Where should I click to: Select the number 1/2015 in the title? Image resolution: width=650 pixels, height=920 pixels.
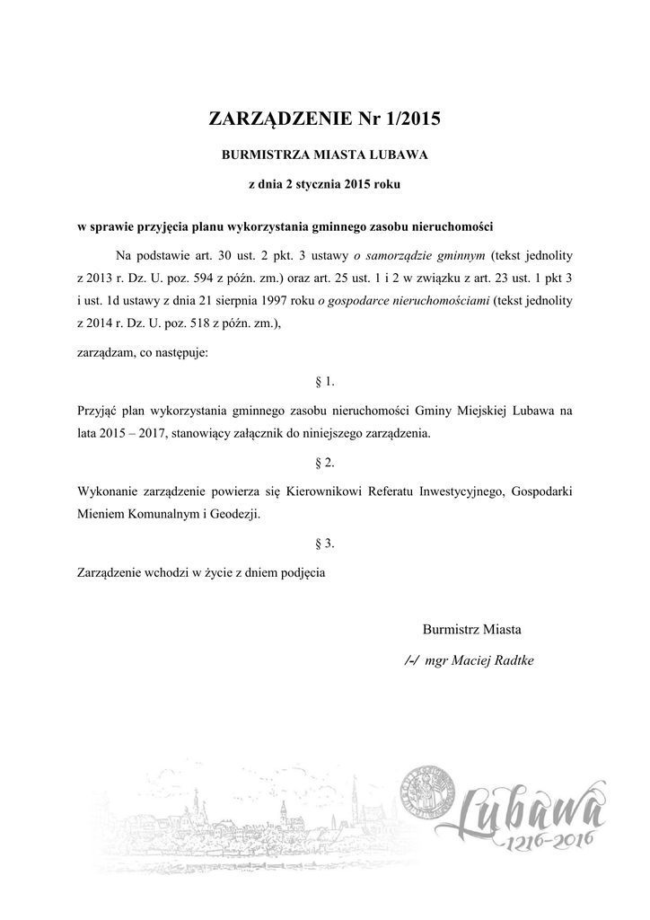click(x=408, y=118)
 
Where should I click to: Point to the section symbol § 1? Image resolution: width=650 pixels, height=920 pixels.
click(x=325, y=381)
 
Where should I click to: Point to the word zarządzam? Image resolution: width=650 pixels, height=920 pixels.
click(x=103, y=353)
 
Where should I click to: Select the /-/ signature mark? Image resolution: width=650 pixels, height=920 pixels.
click(x=412, y=660)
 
